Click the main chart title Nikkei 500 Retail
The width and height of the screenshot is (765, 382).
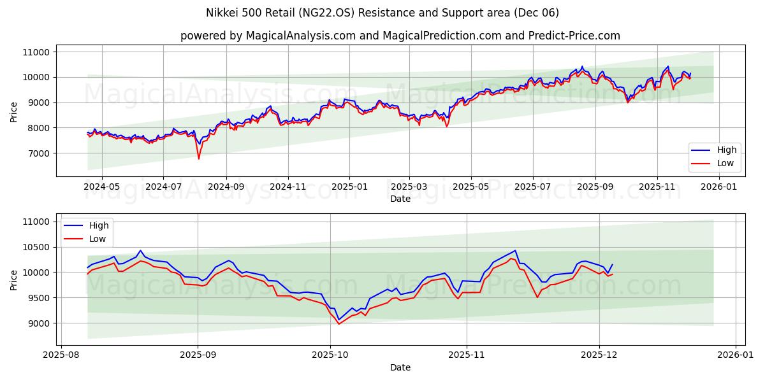(382, 13)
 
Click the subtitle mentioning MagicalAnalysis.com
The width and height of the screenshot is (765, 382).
(400, 36)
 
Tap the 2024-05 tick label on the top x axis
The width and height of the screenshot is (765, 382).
(102, 187)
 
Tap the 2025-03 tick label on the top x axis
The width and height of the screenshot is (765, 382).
(409, 187)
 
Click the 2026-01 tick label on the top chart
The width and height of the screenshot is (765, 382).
(720, 187)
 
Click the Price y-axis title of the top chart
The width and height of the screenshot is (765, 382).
(14, 111)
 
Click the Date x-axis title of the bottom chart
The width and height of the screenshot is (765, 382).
(400, 367)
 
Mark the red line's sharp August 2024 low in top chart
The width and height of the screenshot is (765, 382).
(198, 159)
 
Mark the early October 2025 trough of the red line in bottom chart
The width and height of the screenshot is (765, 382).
(339, 324)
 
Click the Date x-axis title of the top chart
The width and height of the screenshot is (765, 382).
(400, 199)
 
